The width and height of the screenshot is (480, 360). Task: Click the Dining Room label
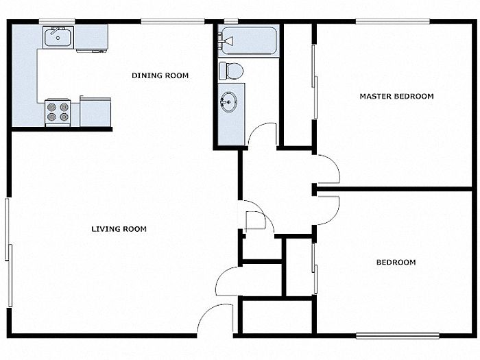point(160,75)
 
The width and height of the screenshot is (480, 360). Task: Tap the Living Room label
point(119,228)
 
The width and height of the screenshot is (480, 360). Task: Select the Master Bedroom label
point(397,96)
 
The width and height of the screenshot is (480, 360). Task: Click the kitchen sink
point(58,37)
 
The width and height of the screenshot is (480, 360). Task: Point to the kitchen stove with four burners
point(58,112)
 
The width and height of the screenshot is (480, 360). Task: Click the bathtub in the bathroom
point(248,41)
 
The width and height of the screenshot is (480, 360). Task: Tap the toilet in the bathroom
point(231,71)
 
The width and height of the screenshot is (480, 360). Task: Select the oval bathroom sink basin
point(229,101)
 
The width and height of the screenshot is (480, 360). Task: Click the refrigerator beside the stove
point(95,112)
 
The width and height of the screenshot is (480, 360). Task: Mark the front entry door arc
point(205,313)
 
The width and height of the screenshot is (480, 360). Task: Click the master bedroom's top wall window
point(393,21)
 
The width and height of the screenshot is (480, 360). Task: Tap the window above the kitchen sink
point(57,21)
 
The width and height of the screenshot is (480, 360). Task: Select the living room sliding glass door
point(8,252)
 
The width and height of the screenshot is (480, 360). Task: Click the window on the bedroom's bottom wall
point(398,336)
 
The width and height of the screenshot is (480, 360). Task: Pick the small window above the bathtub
point(231,21)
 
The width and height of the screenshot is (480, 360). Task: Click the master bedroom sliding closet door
point(314,82)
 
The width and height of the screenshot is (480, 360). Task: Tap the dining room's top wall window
point(173,21)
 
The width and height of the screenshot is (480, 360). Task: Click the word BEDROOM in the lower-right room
point(396,263)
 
